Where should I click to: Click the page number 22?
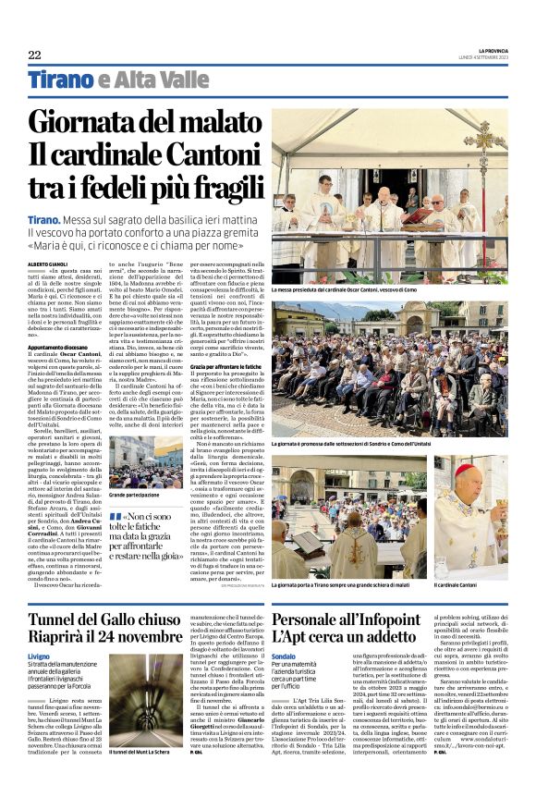coord(35,55)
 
